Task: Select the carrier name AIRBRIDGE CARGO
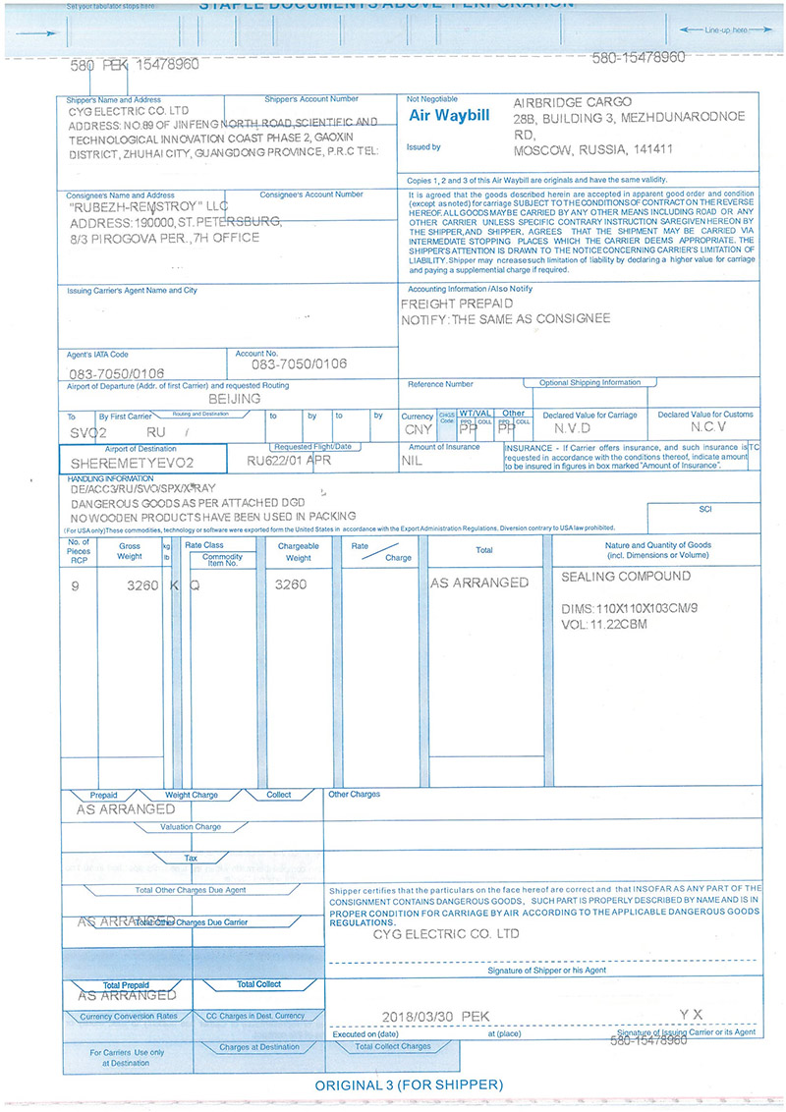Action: click(573, 102)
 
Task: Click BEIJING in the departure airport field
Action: click(235, 400)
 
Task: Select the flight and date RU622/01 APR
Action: click(291, 459)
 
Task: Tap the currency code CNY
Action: click(417, 430)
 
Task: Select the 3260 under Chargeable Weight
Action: click(291, 584)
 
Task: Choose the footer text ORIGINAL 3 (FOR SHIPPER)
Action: click(409, 1084)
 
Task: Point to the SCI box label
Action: click(703, 510)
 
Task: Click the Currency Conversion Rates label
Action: click(129, 1016)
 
